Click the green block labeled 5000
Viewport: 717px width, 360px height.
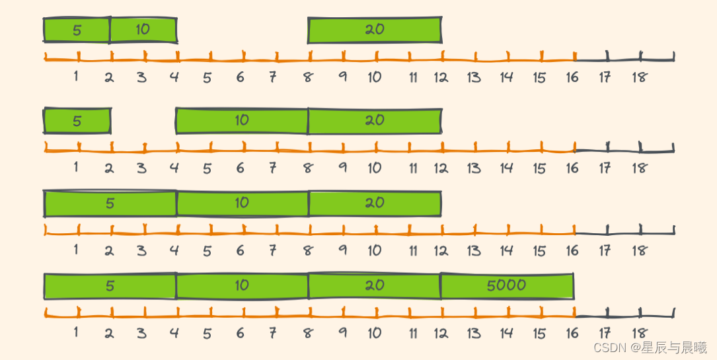(507, 285)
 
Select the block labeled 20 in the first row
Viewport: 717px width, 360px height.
(375, 30)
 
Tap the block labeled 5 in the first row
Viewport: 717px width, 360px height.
(77, 30)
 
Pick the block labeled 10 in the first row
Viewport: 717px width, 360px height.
(143, 30)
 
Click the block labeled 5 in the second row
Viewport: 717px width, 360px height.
(77, 121)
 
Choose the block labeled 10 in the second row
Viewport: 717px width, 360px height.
(242, 121)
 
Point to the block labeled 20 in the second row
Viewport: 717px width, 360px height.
(375, 121)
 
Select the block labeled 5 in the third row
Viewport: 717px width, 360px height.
(110, 203)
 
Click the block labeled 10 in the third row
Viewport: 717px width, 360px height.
(242, 203)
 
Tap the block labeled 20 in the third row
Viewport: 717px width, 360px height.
(375, 203)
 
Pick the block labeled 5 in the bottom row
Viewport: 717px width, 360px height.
(110, 285)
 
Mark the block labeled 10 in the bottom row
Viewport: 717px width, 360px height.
(242, 285)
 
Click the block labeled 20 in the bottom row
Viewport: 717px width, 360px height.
(375, 285)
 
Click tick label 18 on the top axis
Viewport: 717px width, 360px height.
(639, 77)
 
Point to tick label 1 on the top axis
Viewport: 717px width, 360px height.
(76, 77)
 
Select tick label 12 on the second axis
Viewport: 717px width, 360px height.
(441, 168)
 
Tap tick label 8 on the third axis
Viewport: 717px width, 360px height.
(307, 251)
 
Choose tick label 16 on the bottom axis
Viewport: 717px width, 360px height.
(572, 333)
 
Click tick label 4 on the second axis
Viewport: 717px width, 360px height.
(174, 168)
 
